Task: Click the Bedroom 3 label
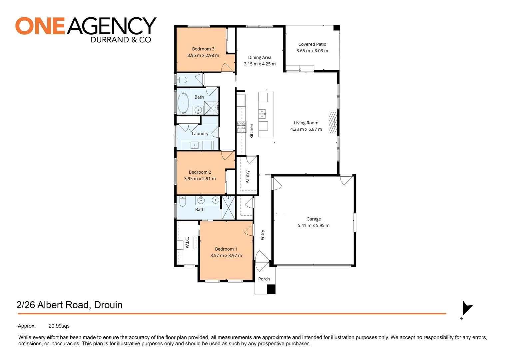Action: pyautogui.click(x=203, y=49)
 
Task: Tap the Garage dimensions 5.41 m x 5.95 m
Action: pyautogui.click(x=313, y=226)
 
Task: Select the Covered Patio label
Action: pyautogui.click(x=312, y=44)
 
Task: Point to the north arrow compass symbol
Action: pyautogui.click(x=467, y=308)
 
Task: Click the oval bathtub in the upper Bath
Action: pyautogui.click(x=183, y=103)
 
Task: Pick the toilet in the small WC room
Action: pyautogui.click(x=182, y=80)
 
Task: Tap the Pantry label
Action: pyautogui.click(x=248, y=177)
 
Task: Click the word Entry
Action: pyautogui.click(x=263, y=235)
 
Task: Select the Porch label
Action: pyautogui.click(x=264, y=279)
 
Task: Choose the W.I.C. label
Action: pyautogui.click(x=187, y=242)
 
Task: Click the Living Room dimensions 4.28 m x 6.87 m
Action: pyautogui.click(x=306, y=129)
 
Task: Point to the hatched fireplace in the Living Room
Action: pyautogui.click(x=333, y=122)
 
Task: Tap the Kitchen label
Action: pyautogui.click(x=252, y=131)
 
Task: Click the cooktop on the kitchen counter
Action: pyautogui.click(x=242, y=127)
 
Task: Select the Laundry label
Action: pyautogui.click(x=200, y=134)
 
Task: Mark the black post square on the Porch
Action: pyautogui.click(x=271, y=289)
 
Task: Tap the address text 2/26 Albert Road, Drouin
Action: pyautogui.click(x=69, y=305)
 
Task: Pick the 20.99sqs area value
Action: pyautogui.click(x=59, y=326)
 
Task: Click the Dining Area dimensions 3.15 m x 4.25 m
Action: pyautogui.click(x=259, y=64)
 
